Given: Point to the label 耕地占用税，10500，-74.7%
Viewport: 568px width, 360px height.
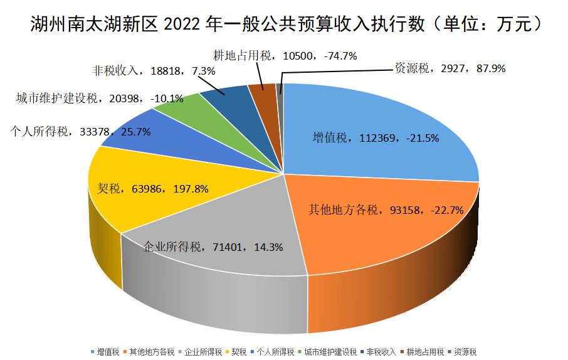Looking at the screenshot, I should [285, 56].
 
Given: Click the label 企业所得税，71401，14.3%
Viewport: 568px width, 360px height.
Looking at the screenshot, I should [213, 246].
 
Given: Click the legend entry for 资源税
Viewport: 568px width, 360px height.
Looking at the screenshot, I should [466, 352].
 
